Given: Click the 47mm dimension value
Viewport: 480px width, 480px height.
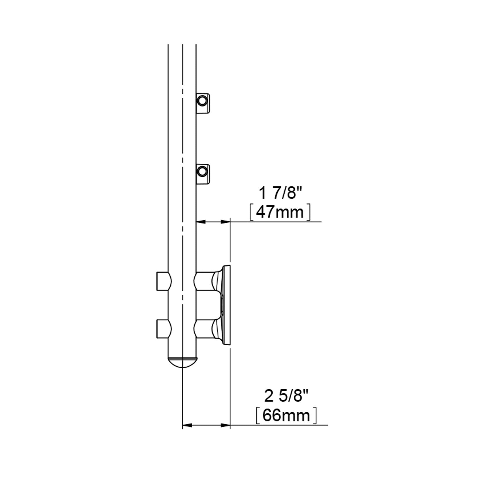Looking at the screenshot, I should point(280,213).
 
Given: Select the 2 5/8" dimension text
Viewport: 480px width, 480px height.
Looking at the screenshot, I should point(286,396).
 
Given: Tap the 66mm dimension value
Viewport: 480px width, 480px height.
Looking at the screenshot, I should point(286,416).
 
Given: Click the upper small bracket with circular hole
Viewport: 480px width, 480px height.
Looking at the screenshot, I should point(203,103).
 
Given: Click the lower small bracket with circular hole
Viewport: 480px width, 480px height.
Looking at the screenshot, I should point(203,174).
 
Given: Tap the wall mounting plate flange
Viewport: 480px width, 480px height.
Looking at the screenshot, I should point(227,305).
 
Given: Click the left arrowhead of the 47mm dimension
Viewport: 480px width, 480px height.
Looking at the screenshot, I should point(200,222).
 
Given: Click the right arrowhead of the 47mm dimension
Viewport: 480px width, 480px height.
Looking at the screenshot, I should point(226,222).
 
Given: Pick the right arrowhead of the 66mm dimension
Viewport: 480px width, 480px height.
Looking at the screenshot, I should point(226,433).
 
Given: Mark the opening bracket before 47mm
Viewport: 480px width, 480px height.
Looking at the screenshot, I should point(252,213).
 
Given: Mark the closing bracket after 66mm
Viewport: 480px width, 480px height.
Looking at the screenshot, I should point(315,416).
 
